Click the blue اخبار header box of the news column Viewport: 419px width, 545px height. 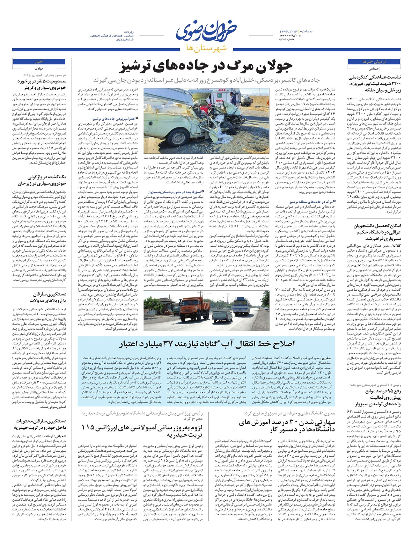click(x=38, y=61)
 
